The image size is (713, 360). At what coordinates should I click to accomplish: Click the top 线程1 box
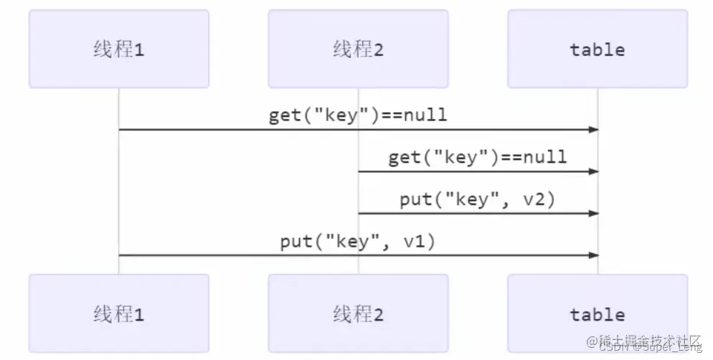tap(118, 49)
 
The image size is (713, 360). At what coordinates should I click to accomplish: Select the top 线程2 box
tap(358, 49)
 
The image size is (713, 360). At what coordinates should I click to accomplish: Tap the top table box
tap(597, 49)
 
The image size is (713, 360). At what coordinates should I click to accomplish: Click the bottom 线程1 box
tap(118, 313)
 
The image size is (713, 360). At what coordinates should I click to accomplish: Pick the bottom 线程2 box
tap(358, 313)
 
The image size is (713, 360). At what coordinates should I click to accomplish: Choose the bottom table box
tap(597, 313)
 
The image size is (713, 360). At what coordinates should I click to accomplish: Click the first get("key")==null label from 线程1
tap(358, 115)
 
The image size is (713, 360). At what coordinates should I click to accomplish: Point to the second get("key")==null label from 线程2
tap(478, 157)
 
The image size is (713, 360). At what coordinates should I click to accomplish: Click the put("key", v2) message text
tap(478, 199)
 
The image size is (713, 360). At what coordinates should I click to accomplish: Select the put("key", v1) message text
tap(358, 242)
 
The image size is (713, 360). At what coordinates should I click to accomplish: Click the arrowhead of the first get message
tap(593, 130)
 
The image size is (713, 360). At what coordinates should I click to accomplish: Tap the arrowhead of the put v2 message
tap(593, 214)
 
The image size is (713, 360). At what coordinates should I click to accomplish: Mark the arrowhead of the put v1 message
tap(593, 255)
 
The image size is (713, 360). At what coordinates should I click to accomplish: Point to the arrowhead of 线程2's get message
tap(593, 172)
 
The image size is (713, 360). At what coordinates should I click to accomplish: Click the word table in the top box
tap(597, 49)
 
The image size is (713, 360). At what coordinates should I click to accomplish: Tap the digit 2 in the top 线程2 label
tap(379, 49)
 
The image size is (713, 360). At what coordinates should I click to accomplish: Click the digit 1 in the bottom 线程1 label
tap(139, 314)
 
